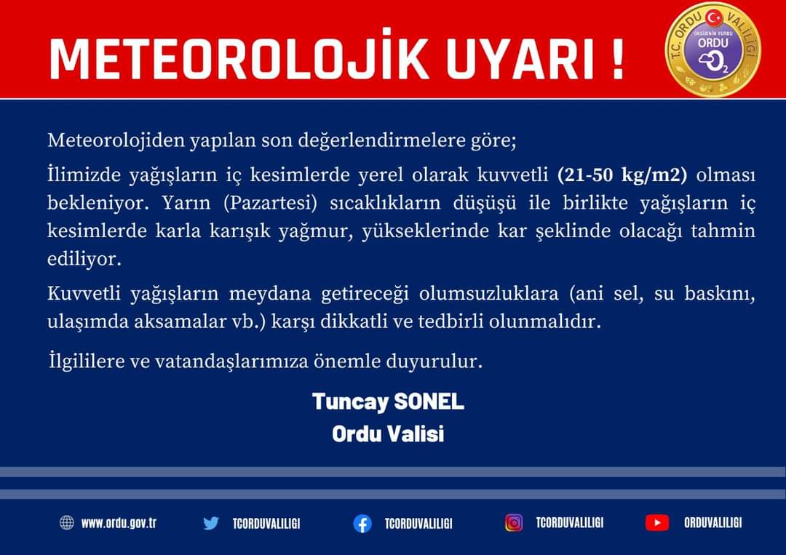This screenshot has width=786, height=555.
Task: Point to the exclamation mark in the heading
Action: pyautogui.click(x=618, y=60)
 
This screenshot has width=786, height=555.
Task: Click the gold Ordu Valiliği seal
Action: pyautogui.click(x=712, y=49)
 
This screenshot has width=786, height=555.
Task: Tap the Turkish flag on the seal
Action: pyautogui.click(x=714, y=18)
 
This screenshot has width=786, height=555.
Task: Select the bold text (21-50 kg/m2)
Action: pyautogui.click(x=622, y=175)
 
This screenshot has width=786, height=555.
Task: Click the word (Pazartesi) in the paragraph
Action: pyautogui.click(x=271, y=203)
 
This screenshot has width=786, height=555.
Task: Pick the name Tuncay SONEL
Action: pyautogui.click(x=388, y=402)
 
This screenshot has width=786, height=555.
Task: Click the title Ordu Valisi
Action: pyautogui.click(x=388, y=434)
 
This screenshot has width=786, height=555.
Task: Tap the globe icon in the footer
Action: pyautogui.click(x=67, y=522)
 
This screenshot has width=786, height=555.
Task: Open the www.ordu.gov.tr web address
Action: pyautogui.click(x=119, y=523)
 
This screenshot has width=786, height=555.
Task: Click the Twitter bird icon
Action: pyautogui.click(x=211, y=523)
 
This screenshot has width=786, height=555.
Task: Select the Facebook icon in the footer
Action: pyautogui.click(x=362, y=524)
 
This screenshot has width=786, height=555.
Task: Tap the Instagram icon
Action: pyautogui.click(x=514, y=522)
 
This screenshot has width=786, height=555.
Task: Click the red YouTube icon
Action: pyautogui.click(x=657, y=522)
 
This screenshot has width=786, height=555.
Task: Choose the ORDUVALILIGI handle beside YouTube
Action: pyautogui.click(x=712, y=523)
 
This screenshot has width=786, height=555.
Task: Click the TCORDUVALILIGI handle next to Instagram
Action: pyautogui.click(x=569, y=523)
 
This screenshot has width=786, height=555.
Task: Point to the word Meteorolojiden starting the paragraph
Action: pyautogui.click(x=116, y=140)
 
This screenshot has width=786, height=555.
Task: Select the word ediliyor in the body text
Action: pyautogui.click(x=84, y=259)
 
